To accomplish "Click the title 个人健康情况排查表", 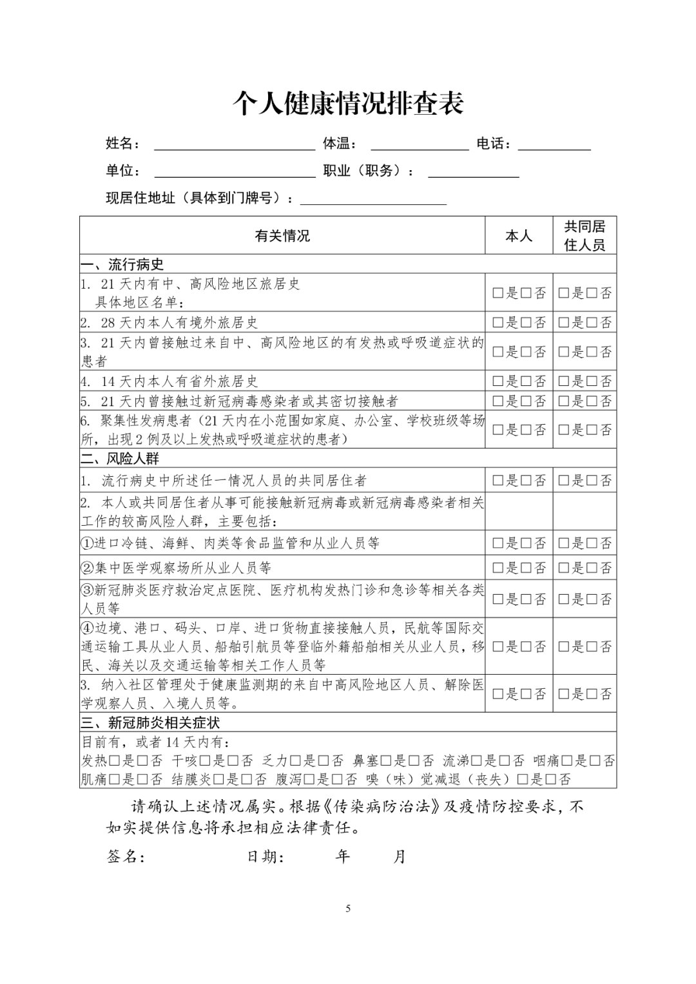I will pos(348,103).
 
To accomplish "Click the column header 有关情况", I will pos(282,236).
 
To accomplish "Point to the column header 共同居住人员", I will pos(585,236).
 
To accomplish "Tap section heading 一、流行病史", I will pos(122,264).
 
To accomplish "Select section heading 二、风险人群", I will pos(120,458).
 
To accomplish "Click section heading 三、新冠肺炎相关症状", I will pos(151,722).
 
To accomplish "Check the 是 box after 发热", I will pos(115,761).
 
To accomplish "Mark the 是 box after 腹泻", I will pos(309,780).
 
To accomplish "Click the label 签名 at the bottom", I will pos(125,856).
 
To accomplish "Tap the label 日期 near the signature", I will pos(266,856).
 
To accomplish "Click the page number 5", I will pos(349,909).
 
